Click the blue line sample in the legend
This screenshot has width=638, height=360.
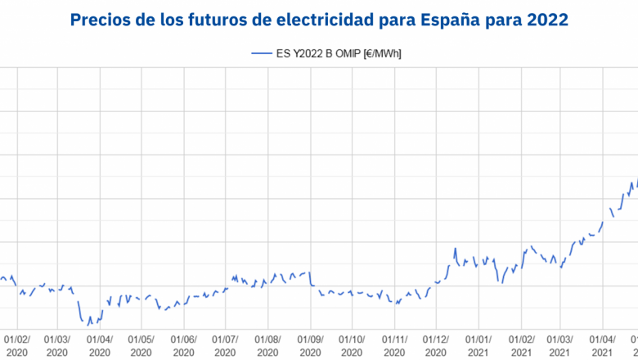pos(261,54)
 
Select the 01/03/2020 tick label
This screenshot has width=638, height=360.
pos(57,344)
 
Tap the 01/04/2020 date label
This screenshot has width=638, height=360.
pos(100,344)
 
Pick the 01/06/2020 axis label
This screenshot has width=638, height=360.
pos(183,344)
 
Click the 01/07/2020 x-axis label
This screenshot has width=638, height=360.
pos(225,344)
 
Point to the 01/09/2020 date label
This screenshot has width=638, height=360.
pos(310,344)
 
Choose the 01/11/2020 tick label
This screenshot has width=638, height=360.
pos(394,344)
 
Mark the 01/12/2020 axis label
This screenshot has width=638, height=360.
pos(436,344)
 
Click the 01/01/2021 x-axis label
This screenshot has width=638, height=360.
pos(478,344)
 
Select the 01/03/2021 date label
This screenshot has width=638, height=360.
pos(561,344)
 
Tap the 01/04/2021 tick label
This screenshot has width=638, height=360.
pos(604,344)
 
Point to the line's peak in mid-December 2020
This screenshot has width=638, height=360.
pos(456,248)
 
